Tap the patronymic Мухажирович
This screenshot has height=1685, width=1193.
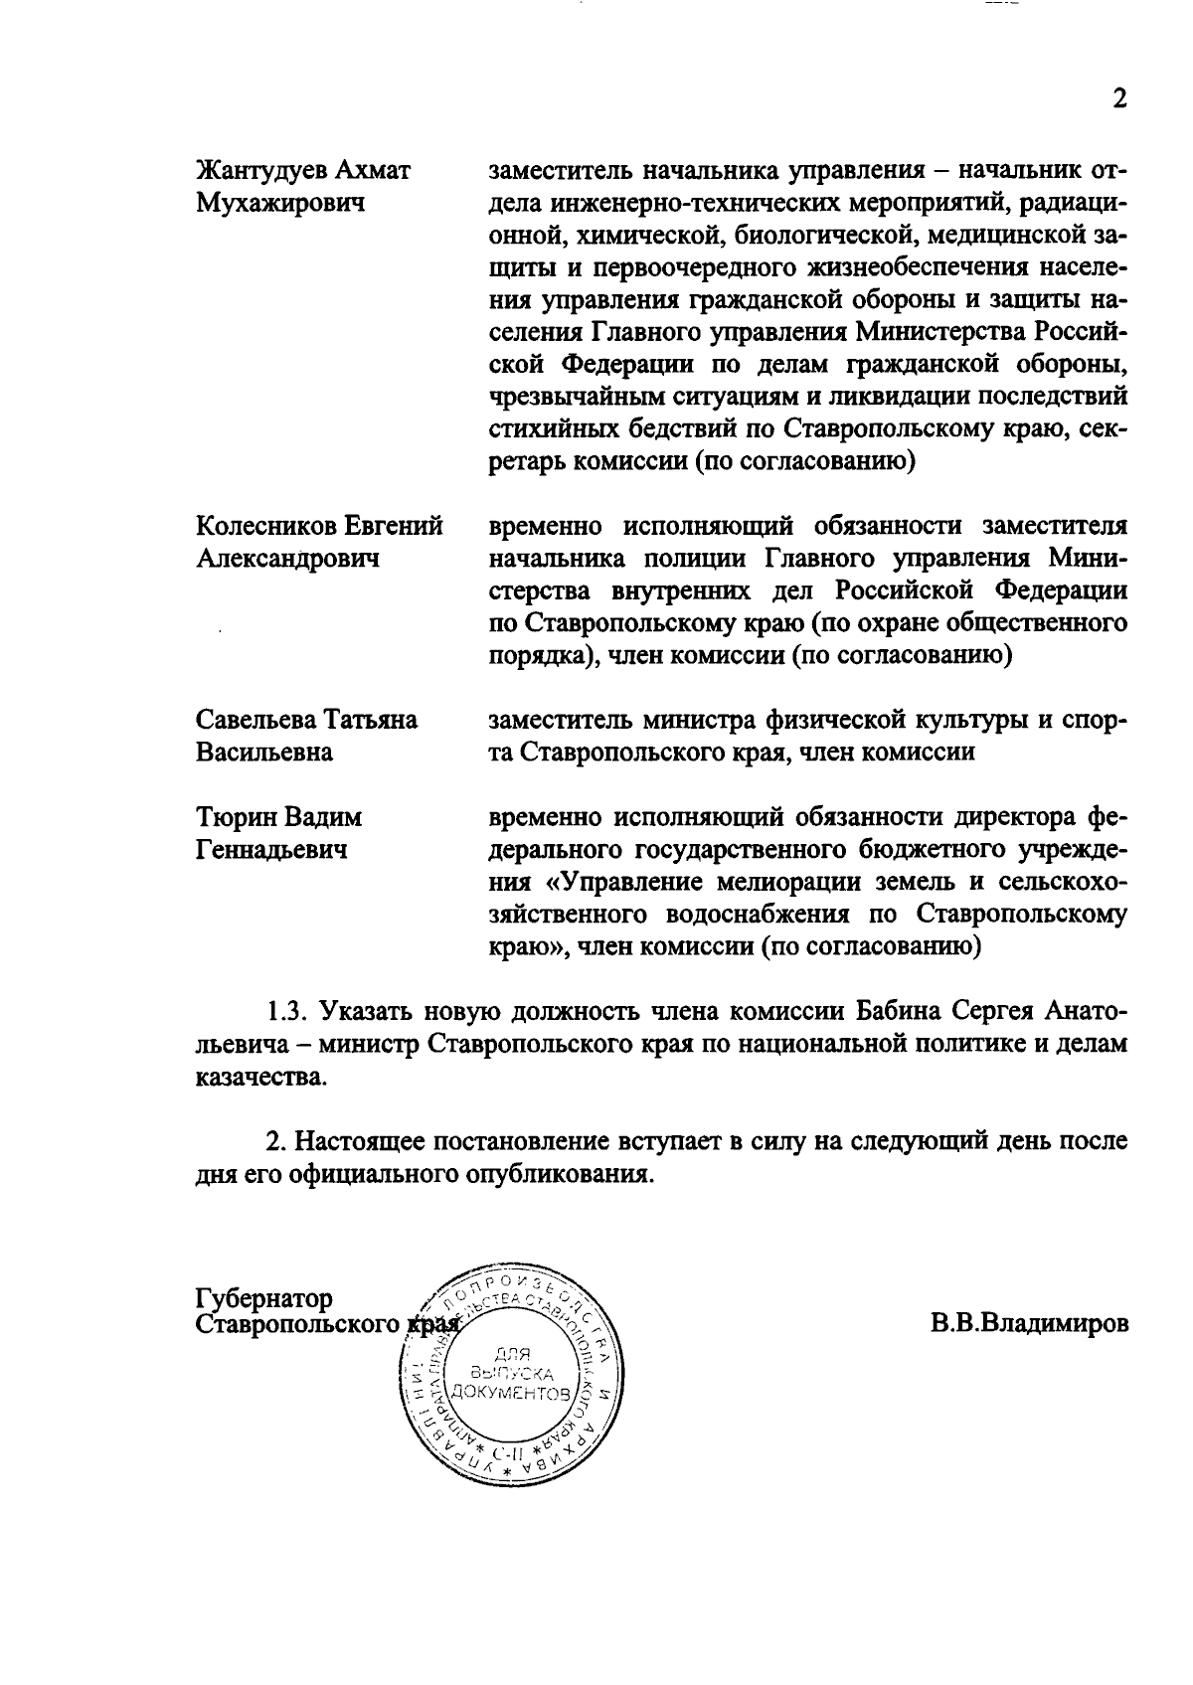[x=279, y=204]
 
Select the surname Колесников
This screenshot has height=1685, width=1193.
[x=266, y=526]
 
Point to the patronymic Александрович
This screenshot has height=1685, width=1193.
[x=287, y=559]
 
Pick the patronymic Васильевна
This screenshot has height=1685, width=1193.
[x=263, y=752]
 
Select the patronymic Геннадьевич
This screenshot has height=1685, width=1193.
[x=271, y=850]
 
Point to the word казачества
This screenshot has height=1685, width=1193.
[x=259, y=1078]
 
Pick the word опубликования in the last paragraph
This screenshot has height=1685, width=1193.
[x=562, y=1174]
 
